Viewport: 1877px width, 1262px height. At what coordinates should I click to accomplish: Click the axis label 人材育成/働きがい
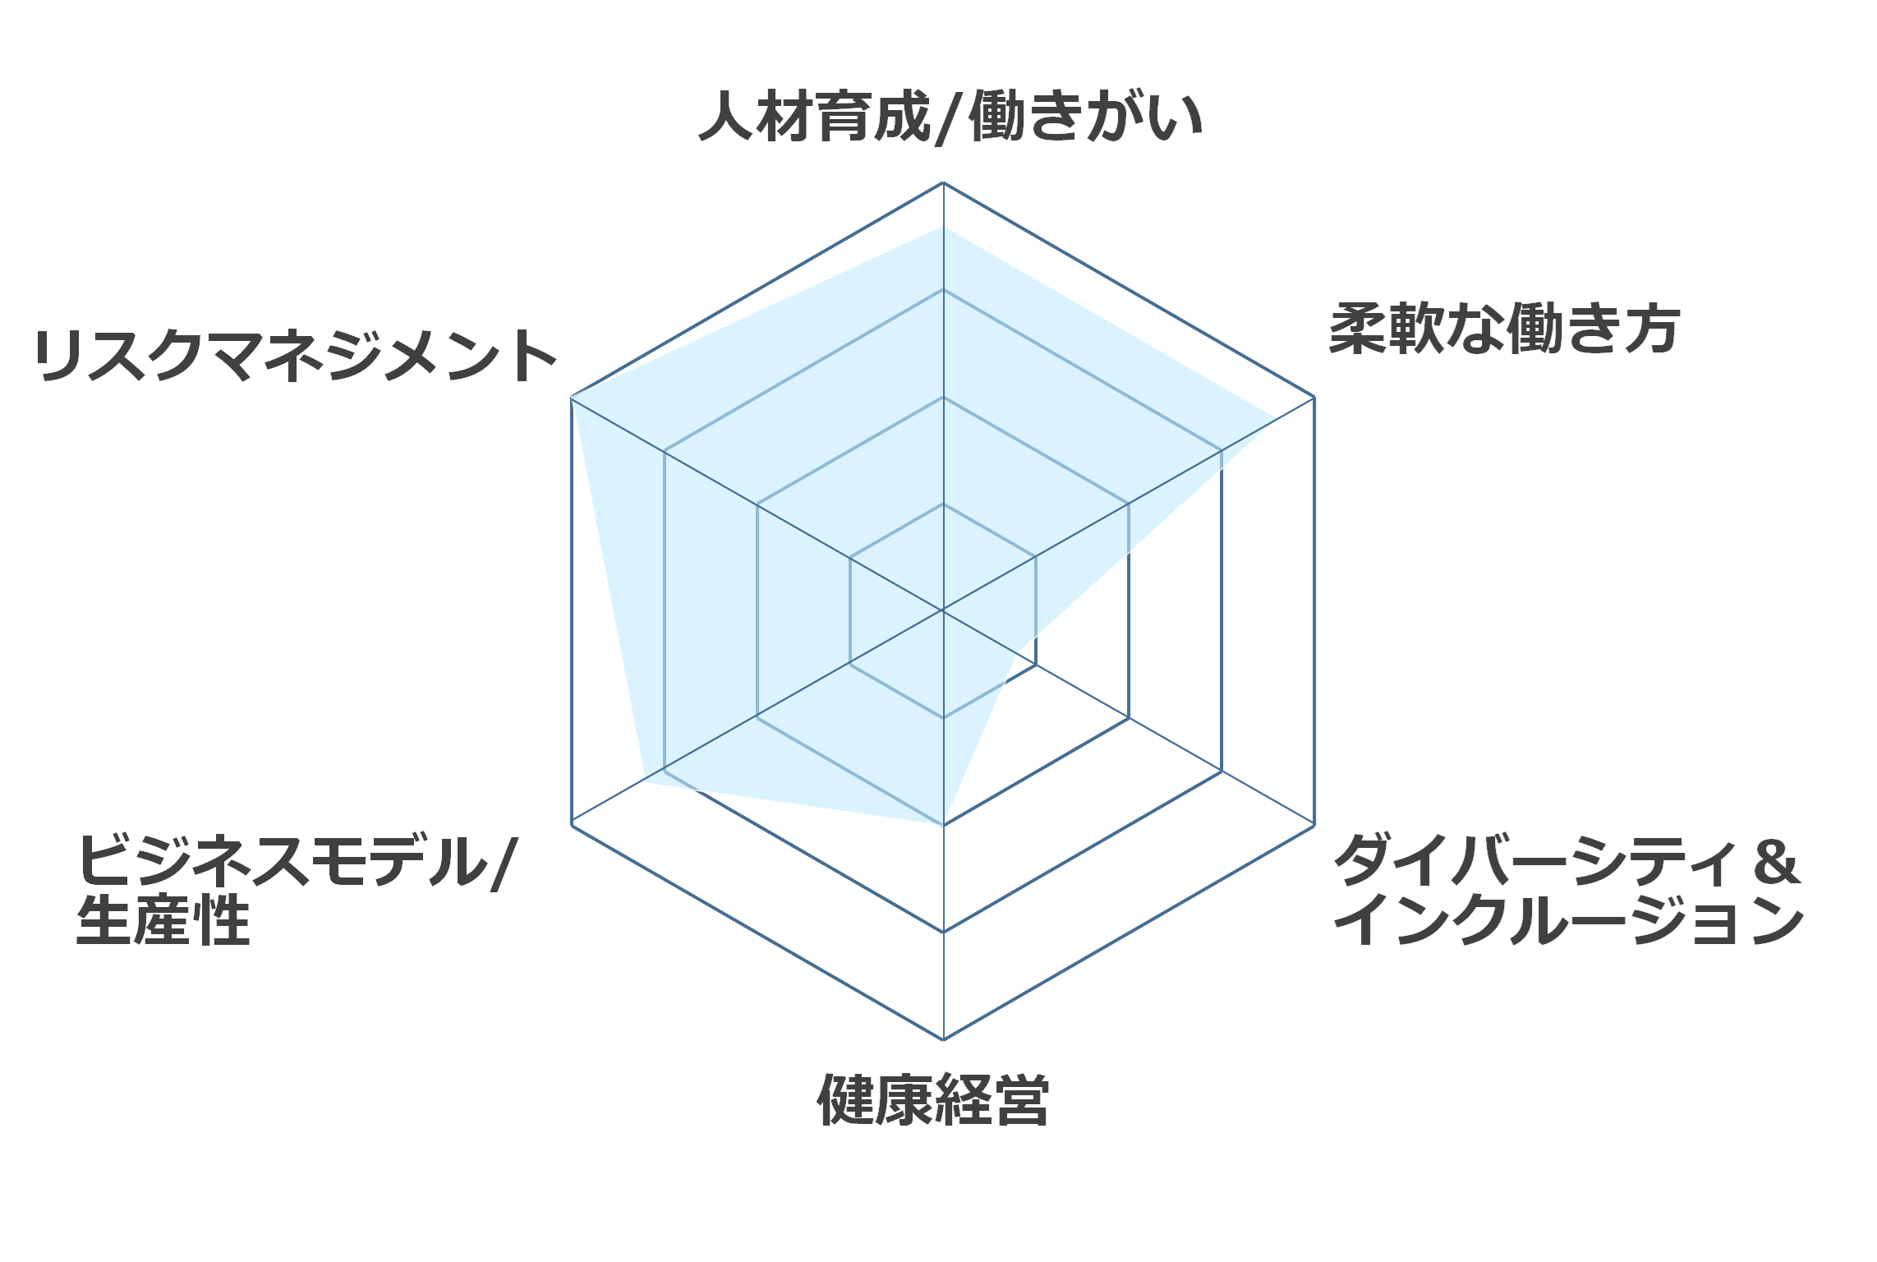[950, 117]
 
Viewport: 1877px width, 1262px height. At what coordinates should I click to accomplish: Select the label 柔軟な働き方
[1504, 329]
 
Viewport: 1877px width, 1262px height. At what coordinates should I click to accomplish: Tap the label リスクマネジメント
[296, 356]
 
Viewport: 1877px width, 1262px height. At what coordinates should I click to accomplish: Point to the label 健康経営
[933, 1099]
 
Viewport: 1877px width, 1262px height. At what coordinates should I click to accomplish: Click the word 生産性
[163, 920]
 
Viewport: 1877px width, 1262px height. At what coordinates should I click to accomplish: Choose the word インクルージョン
[1569, 920]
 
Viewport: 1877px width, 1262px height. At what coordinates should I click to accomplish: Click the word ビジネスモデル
[283, 860]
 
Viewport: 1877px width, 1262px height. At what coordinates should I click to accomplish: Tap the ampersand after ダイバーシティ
[1776, 862]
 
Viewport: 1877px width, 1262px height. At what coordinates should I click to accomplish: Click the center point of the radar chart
[943, 610]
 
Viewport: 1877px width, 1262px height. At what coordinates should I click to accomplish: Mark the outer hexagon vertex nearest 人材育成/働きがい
[943, 182]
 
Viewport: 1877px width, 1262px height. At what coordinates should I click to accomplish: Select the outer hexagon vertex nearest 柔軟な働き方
[1314, 397]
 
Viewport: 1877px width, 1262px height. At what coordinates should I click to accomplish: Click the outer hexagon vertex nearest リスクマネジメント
[571, 397]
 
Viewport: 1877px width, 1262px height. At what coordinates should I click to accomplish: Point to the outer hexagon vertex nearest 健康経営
[943, 1039]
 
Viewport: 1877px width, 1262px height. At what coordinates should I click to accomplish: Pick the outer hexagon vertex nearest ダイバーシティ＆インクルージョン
[1314, 825]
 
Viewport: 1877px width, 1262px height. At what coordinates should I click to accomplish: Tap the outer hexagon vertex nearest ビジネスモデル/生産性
[571, 825]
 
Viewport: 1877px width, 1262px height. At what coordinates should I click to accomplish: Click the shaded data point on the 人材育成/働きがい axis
[943, 227]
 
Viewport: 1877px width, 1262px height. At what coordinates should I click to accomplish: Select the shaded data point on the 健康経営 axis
[943, 824]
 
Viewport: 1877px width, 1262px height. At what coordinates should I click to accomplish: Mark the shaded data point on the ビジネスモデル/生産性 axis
[644, 783]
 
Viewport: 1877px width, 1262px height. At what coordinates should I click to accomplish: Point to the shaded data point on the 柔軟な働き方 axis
[1277, 418]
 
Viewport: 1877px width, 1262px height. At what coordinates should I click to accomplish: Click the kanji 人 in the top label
[726, 117]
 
